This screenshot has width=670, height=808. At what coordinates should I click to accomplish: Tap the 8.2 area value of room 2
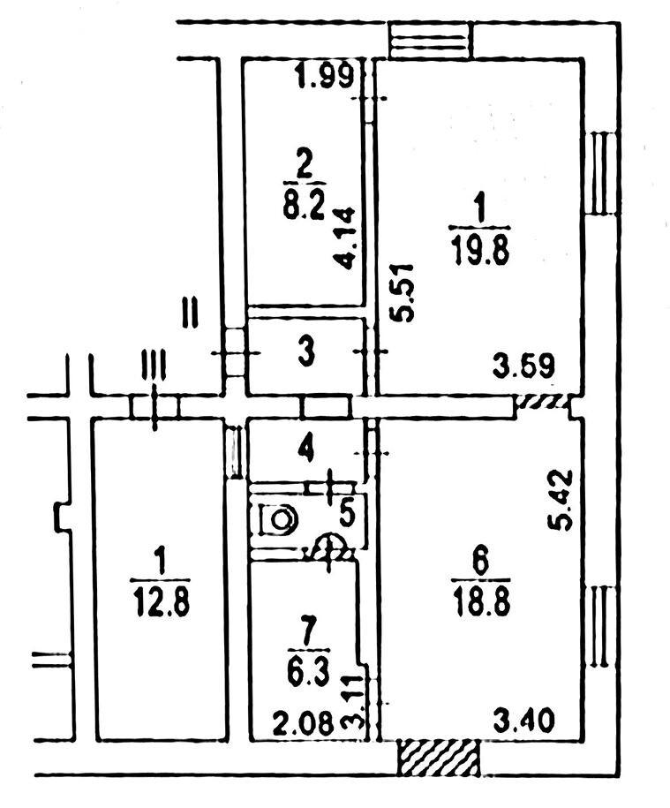[304, 206]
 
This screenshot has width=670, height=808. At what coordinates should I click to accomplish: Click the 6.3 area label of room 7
[309, 674]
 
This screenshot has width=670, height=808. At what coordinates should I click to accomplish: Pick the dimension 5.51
[403, 292]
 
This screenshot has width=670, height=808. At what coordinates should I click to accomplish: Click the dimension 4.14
[344, 238]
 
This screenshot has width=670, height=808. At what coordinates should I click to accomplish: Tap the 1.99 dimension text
[325, 76]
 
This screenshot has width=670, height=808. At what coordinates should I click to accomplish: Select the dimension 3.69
[523, 366]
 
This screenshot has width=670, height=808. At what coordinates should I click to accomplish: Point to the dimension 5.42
[559, 500]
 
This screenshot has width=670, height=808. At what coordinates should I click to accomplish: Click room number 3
[306, 354]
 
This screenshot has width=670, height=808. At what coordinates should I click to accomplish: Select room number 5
[348, 514]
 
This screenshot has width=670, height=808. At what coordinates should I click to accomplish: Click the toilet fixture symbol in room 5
[279, 519]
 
